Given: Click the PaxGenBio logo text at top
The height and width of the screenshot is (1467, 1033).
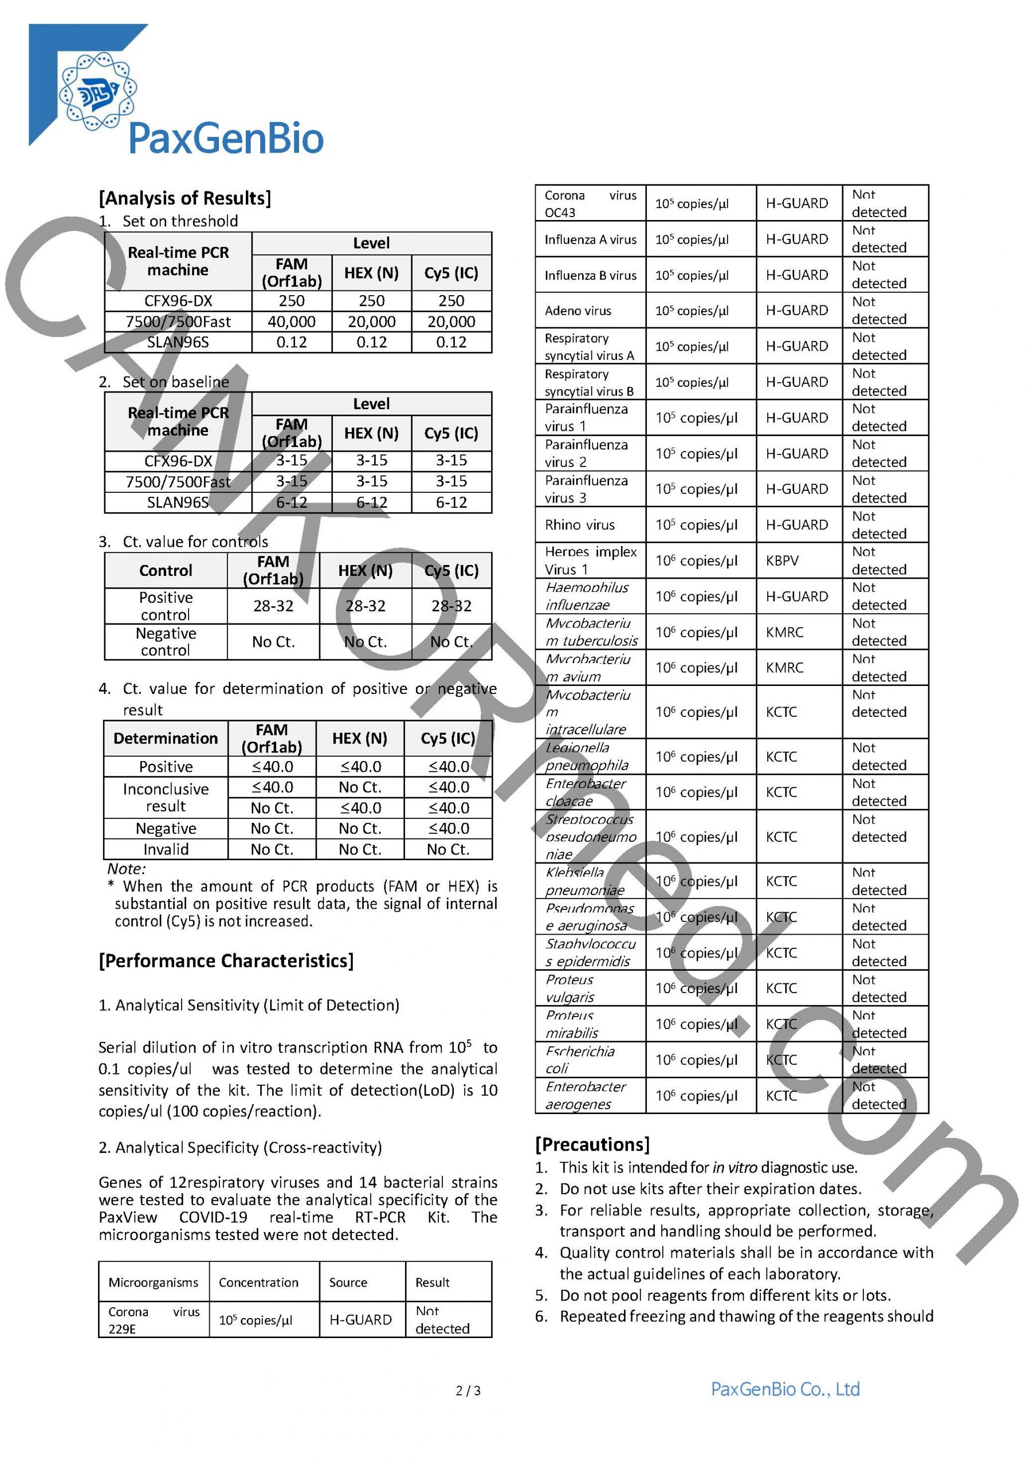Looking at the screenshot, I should pos(226,139).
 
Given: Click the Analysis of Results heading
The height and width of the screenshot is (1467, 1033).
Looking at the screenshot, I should pos(184,198).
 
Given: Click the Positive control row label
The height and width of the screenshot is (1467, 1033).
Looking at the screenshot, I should pos(166,606).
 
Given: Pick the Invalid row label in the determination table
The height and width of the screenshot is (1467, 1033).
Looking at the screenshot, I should pos(166,849).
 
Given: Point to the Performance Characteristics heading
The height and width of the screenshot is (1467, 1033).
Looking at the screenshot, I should pos(226,961).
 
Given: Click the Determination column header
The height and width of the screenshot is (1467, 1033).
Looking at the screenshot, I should pos(166,738).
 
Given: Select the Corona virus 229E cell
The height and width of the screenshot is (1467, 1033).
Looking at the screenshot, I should pos(154,1320).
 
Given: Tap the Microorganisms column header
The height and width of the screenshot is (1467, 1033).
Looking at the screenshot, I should pos(154,1282).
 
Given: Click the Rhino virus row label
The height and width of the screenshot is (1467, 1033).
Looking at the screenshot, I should pos(579,524).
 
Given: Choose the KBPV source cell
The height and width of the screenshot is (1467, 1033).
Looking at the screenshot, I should pos(782,560).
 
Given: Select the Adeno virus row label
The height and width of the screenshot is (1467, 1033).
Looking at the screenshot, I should pos(578,311).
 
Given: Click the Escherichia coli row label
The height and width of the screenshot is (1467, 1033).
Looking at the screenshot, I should pos(579,1060).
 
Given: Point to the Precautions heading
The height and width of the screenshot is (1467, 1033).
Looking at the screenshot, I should pos(592,1144).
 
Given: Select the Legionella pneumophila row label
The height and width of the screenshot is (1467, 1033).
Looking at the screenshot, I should pos(587,756).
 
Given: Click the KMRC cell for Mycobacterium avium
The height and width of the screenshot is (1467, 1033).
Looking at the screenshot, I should pos(784,667).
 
